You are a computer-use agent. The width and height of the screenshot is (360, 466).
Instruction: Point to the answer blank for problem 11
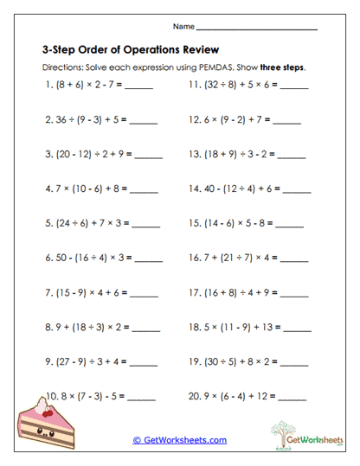click(x=294, y=86)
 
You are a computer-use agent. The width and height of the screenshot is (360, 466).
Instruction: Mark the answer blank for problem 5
click(x=146, y=223)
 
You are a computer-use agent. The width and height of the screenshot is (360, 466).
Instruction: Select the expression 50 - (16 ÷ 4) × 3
click(x=88, y=258)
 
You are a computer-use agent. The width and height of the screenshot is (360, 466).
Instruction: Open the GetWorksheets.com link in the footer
click(x=180, y=440)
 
